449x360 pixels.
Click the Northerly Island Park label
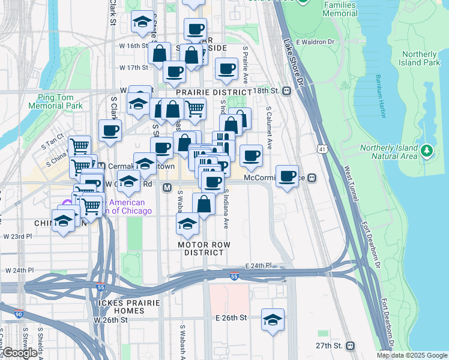point(420,58)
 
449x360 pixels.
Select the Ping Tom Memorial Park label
point(59,101)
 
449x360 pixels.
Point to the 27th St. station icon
point(350,346)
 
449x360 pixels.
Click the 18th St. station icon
point(287,91)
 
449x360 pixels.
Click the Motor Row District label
point(204,248)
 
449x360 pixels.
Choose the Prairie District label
point(206,92)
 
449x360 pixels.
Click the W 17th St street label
point(133,68)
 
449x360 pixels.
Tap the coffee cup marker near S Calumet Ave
point(251,156)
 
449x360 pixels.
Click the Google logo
point(19,353)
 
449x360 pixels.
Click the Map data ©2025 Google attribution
point(412,355)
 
